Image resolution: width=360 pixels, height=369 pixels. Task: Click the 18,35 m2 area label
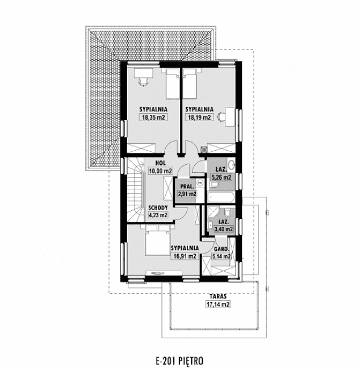(x=153, y=117)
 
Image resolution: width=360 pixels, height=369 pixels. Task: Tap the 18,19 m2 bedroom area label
(x=199, y=117)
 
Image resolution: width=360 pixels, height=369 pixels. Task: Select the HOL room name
(x=161, y=163)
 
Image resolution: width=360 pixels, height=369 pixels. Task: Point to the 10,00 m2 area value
(x=161, y=171)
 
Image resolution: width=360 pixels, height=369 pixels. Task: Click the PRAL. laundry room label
(x=187, y=186)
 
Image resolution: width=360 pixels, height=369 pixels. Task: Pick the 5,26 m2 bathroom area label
(x=221, y=177)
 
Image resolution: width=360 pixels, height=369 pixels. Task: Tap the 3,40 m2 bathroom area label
(x=223, y=229)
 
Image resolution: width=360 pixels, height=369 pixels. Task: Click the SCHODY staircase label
(x=158, y=208)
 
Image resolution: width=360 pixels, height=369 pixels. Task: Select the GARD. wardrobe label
(x=221, y=249)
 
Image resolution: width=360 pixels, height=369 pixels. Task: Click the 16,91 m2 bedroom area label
(x=185, y=256)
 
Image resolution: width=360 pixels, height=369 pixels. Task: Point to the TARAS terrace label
(x=218, y=296)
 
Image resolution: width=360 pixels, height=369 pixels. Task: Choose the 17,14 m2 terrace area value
(x=218, y=305)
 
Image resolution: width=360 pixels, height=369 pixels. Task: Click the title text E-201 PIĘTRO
(x=179, y=360)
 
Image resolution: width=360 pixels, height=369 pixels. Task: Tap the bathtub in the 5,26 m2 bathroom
(x=221, y=197)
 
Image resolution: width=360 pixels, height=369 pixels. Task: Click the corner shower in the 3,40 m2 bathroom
(x=213, y=212)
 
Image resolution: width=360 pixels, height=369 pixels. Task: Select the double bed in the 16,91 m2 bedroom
(x=158, y=240)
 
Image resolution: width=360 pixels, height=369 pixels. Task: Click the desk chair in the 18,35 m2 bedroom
(x=144, y=82)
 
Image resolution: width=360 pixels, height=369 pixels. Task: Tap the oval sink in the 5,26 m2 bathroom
(x=232, y=164)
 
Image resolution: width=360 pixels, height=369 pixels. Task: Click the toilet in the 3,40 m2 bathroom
(x=227, y=212)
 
